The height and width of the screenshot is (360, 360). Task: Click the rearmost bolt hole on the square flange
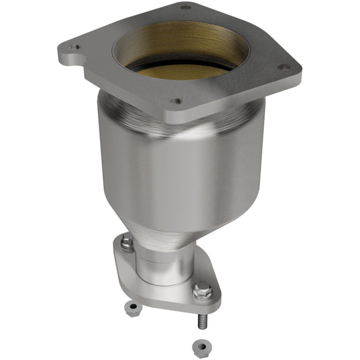185,7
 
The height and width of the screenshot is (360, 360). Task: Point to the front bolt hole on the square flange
176,102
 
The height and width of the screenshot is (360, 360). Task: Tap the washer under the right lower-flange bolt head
202,299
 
